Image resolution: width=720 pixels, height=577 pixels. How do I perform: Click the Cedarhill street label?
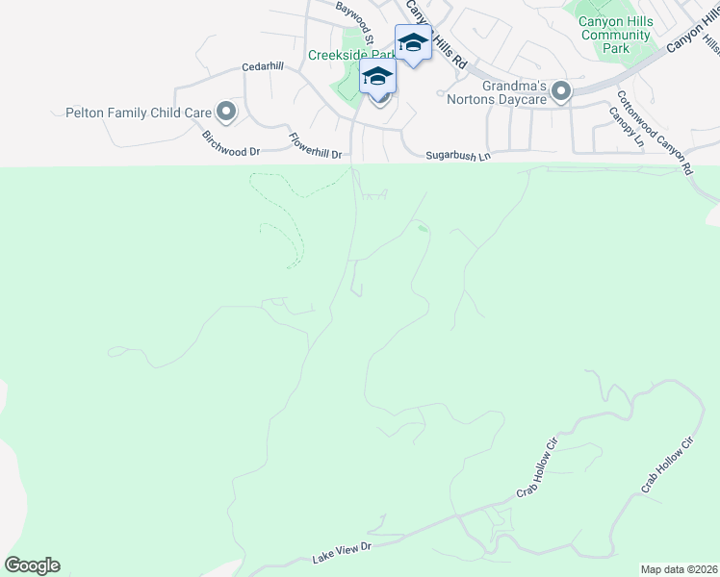coord(263,66)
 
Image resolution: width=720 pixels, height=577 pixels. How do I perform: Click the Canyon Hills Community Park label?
coord(616,36)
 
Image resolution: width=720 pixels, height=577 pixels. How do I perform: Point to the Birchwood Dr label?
coord(230,144)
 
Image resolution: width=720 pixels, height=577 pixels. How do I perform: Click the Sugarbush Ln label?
coord(458,155)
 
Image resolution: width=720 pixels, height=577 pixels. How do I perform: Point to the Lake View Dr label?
coord(342,553)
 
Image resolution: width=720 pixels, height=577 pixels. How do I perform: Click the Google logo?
coord(32,565)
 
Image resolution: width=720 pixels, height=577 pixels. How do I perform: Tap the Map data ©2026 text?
coord(680,569)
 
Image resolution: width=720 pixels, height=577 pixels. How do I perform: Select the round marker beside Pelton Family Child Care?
coord(226,113)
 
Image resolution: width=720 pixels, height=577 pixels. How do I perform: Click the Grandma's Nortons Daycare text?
coord(514,92)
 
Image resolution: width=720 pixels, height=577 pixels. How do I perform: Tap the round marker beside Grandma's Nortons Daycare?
coord(561,92)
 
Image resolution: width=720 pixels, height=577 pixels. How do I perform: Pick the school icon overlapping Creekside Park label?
coord(377,76)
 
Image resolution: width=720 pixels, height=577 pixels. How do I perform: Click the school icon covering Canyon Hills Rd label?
coord(413,42)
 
